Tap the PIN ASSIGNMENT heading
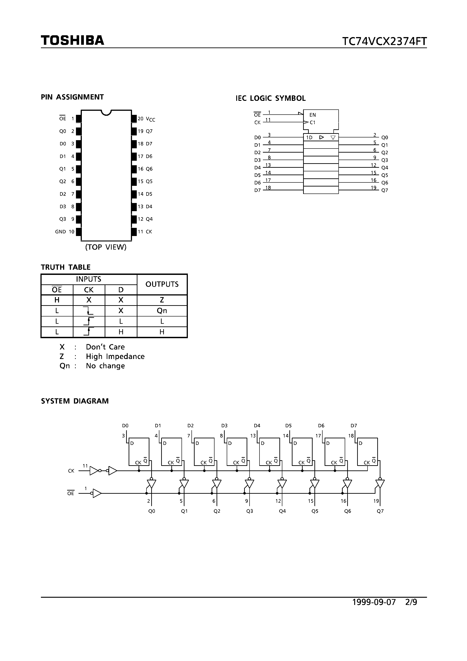coord(72,97)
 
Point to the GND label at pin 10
coord(60,232)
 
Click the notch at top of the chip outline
coord(106,113)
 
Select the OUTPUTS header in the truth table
coord(162,284)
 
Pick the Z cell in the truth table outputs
coord(162,300)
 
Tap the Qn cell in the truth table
coord(162,311)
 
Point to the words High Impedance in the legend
coord(115,356)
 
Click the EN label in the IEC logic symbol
coord(312,115)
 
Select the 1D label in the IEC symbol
coord(309,138)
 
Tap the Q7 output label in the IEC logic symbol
coord(385,190)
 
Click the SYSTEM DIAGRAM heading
coord(75,401)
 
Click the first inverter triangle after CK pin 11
coord(94,471)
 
